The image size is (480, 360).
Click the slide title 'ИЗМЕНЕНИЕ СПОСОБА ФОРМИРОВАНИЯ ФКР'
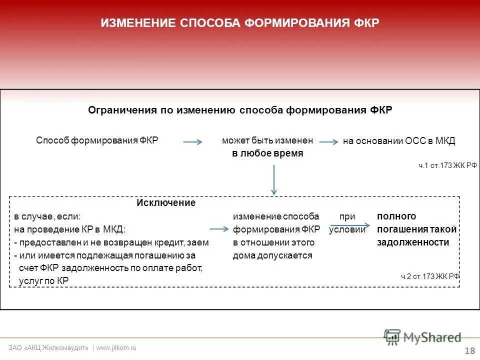coord(240,23)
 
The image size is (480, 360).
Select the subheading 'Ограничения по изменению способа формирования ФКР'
coord(240,110)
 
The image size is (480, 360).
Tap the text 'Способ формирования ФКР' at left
coord(97,140)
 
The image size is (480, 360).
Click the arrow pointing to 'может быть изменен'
coord(192,142)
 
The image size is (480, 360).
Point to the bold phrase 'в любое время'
coord(267,153)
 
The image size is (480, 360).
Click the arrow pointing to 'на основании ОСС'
coord(328,142)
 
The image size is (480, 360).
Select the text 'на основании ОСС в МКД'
coord(399,141)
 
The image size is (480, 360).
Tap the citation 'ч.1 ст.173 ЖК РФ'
coord(447,165)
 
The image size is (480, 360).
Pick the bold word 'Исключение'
coord(166,203)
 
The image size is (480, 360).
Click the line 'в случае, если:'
coord(47,216)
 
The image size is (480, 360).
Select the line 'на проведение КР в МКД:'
coord(69,229)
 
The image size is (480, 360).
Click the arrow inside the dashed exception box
coord(219,229)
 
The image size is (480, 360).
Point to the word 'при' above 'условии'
coord(347,216)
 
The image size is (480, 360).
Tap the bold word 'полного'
coord(396,216)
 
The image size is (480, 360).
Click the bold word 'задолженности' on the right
coord(413,242)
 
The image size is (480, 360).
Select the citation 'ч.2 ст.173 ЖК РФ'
coord(430,276)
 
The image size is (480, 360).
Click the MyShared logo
coord(422,337)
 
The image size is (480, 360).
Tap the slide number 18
coord(469,350)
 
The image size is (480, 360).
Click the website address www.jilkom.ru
coord(116,347)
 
